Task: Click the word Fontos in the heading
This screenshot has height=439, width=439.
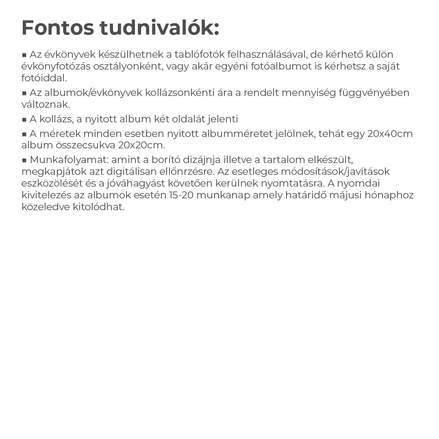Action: (57, 28)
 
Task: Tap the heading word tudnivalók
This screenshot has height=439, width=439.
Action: (159, 28)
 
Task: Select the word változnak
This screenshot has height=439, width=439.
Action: (46, 104)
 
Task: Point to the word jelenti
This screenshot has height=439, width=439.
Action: (223, 119)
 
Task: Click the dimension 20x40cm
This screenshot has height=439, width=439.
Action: (390, 134)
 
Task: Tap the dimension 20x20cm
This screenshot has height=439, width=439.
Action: (141, 145)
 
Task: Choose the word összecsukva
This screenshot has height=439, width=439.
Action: (86, 145)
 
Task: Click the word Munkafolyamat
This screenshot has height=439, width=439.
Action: (69, 160)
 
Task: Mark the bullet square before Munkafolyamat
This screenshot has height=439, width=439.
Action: (24, 160)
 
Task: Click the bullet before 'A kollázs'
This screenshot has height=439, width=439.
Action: (24, 120)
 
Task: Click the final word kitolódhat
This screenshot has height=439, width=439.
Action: (99, 207)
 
